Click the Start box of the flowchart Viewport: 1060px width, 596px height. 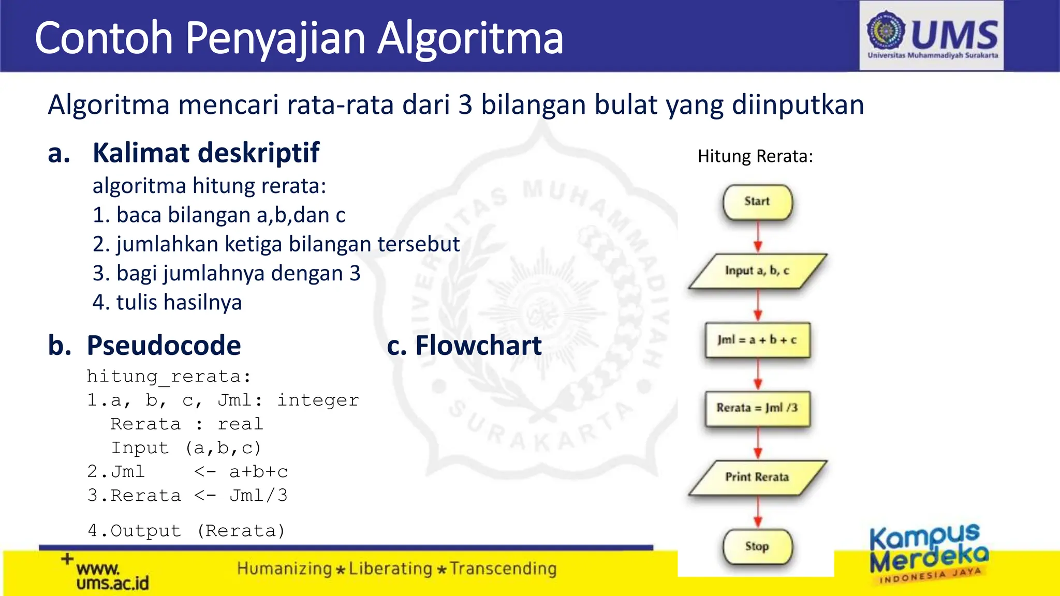tap(757, 202)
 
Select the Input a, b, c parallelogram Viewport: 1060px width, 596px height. tap(757, 271)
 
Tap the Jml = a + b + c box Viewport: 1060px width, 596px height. tap(757, 340)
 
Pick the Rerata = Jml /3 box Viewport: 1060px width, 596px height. tap(757, 408)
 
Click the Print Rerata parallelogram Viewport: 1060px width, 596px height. tap(757, 477)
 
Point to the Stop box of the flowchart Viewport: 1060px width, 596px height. tap(757, 546)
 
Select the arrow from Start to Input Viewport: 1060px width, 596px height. tap(758, 237)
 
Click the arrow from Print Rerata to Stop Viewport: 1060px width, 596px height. tap(758, 512)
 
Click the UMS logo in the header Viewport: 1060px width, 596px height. tap(932, 35)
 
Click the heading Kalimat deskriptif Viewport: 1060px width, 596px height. tap(205, 153)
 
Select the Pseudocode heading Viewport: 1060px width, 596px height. tap(164, 346)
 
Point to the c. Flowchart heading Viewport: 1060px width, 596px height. tap(464, 346)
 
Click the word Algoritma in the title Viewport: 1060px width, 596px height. tap(470, 38)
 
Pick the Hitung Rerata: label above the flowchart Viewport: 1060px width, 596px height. tap(755, 156)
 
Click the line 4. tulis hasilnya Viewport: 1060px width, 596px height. tap(167, 303)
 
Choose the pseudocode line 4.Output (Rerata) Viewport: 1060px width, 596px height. tap(186, 531)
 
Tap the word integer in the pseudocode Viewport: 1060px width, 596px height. tap(318, 400)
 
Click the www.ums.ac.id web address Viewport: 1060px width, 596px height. tap(112, 576)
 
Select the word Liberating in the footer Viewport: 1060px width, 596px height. tap(390, 569)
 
